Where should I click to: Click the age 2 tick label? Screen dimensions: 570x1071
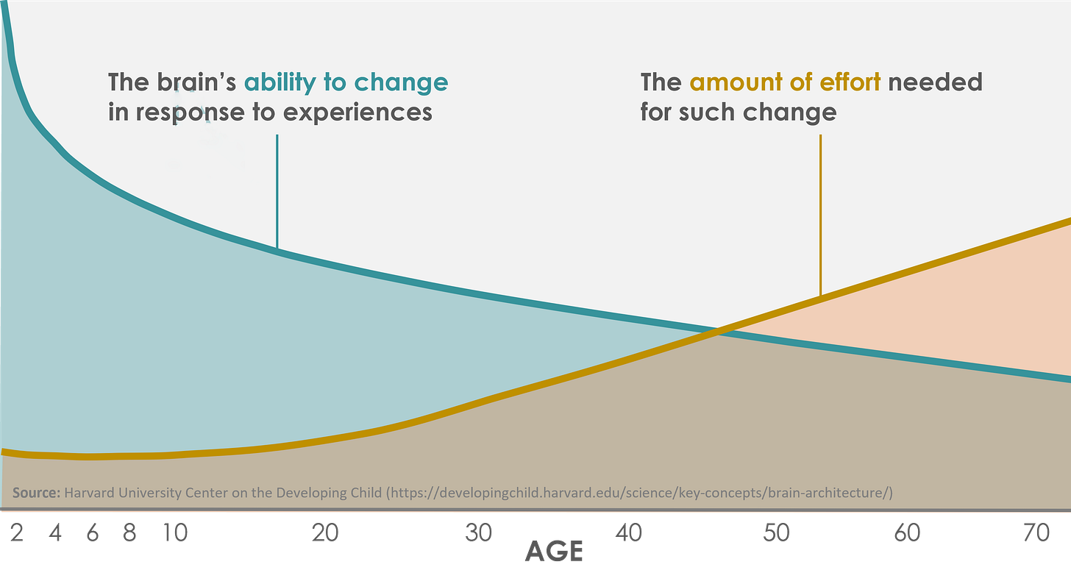(17, 532)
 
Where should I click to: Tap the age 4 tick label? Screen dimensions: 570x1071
(55, 532)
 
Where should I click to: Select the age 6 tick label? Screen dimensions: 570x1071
(93, 532)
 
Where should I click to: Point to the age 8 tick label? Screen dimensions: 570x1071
(130, 532)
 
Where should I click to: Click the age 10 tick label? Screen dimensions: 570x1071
(176, 532)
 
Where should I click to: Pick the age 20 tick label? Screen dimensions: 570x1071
(324, 532)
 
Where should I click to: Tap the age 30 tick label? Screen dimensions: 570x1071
(479, 532)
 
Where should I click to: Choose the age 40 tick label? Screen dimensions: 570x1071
(630, 532)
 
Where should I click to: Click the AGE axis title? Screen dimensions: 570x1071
(554, 552)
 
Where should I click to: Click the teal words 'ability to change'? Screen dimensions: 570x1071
(346, 82)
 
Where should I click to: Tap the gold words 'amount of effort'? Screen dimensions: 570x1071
(785, 82)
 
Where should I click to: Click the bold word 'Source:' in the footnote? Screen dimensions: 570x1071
(36, 492)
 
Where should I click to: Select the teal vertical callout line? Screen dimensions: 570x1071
(277, 191)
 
